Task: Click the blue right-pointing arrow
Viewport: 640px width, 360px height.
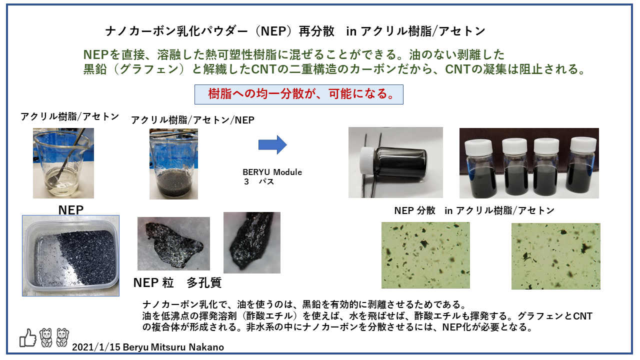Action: click(x=272, y=145)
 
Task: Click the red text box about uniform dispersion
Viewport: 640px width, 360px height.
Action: click(x=298, y=94)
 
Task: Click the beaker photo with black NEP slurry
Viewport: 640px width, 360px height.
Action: click(x=173, y=164)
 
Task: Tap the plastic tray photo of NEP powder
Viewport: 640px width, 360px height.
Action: click(x=70, y=255)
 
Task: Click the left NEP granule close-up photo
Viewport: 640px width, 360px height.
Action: click(x=173, y=243)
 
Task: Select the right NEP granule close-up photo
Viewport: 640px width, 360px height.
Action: click(x=251, y=242)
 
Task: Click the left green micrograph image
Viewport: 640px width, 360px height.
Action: click(x=425, y=255)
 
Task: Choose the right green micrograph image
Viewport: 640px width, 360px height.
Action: click(x=555, y=255)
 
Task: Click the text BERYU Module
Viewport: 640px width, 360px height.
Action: click(x=272, y=172)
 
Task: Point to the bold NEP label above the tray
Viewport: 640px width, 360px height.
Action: click(x=70, y=210)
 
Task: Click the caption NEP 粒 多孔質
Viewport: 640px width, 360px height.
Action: click(x=177, y=282)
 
